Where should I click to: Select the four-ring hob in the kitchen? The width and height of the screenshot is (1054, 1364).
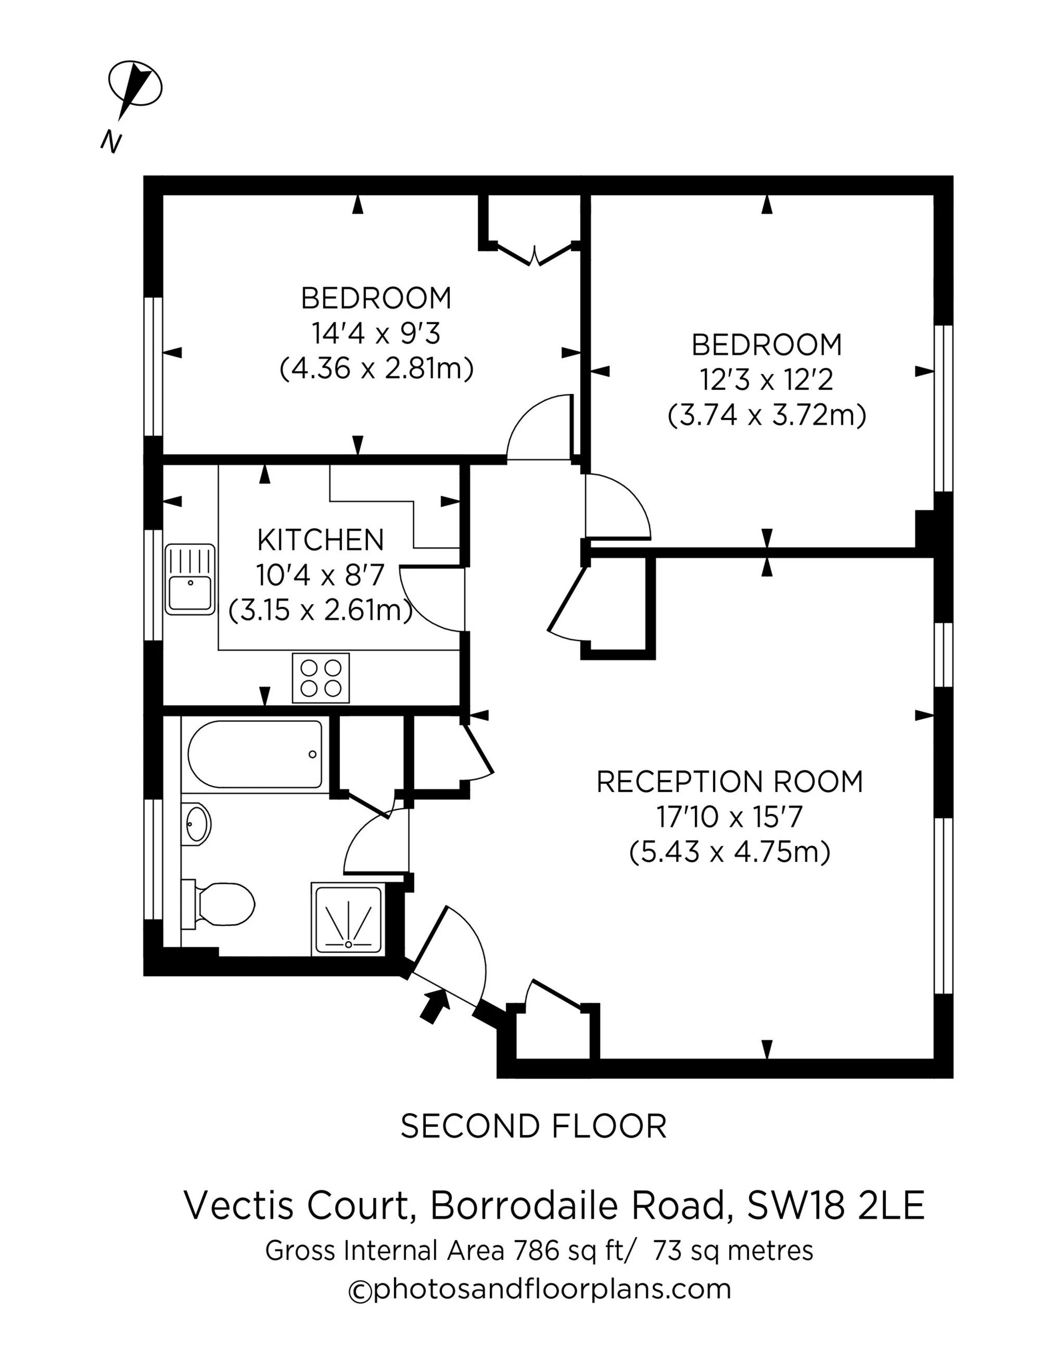pos(321,678)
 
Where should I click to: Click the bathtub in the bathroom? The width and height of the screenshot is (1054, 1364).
pos(255,754)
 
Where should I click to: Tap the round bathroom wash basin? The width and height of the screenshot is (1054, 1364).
pos(197,824)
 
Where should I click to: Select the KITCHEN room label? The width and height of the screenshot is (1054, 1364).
pos(321,540)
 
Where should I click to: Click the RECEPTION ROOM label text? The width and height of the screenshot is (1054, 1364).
pos(729,782)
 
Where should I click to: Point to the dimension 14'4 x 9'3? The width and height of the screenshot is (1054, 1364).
pos(376,334)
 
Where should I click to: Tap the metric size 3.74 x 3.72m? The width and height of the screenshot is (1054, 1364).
pos(767,415)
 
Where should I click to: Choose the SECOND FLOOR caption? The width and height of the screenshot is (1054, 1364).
pos(533,1127)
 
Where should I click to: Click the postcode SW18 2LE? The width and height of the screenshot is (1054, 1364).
pos(835,1206)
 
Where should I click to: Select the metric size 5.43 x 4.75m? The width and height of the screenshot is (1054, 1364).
pos(729,852)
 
